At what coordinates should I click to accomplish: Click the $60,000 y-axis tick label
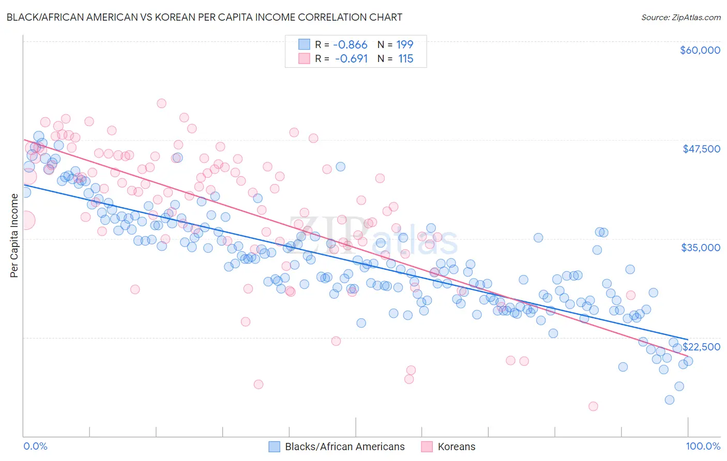click(700, 50)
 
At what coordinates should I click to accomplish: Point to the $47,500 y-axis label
click(701, 149)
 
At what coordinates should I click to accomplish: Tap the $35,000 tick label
click(701, 248)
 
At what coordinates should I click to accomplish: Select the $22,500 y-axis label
click(701, 347)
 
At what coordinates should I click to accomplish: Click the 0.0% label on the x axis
click(36, 446)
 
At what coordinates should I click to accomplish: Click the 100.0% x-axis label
click(703, 446)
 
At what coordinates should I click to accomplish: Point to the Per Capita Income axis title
click(14, 235)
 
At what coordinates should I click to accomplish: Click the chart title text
click(204, 17)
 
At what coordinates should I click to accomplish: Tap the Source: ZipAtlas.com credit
click(680, 18)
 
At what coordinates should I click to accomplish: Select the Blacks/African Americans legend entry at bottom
click(345, 447)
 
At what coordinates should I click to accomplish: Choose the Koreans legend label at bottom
click(456, 447)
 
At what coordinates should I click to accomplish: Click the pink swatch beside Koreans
click(427, 447)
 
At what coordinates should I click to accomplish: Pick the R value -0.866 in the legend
click(350, 45)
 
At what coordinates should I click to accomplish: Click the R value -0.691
click(351, 59)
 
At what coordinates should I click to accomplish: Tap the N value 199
click(405, 45)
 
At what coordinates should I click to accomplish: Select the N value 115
click(405, 59)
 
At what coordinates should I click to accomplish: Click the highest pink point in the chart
click(161, 103)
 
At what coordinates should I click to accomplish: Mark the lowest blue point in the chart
click(670, 399)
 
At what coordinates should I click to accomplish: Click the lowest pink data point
click(593, 406)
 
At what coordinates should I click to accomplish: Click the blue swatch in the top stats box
click(304, 45)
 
